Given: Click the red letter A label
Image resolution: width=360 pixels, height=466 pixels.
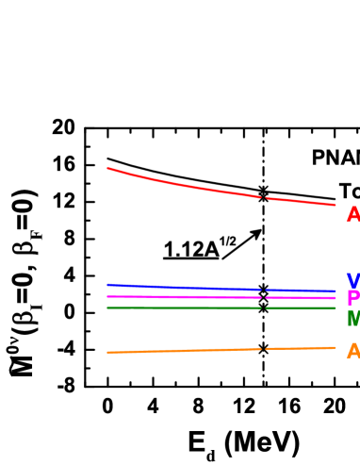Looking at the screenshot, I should (x=352, y=215).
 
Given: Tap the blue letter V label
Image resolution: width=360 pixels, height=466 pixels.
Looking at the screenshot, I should (x=352, y=281).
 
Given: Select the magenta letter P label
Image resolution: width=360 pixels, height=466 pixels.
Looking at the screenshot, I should (x=352, y=299).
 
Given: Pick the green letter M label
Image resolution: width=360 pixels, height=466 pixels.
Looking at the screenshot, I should (x=352, y=319).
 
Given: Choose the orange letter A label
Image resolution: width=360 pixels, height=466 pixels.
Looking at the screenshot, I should (x=352, y=352).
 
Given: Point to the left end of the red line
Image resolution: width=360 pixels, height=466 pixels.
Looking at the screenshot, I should (x=107, y=168).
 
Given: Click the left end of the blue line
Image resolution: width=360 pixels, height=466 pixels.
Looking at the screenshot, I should (x=107, y=284).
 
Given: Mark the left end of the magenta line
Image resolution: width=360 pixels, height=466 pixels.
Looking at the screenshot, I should (x=107, y=296).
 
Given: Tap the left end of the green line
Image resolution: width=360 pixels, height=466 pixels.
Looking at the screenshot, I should (x=107, y=308).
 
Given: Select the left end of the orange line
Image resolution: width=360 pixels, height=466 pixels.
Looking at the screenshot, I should (x=107, y=352).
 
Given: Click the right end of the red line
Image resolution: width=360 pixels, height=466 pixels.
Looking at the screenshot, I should (x=335, y=205).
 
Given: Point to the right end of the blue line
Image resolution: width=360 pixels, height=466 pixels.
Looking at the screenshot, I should (x=335, y=291).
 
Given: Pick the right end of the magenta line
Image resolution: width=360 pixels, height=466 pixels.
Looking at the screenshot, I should (x=335, y=298).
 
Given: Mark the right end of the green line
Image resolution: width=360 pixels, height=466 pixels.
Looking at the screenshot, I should (x=335, y=308).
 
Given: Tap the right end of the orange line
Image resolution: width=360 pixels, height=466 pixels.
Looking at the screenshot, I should (x=335, y=347).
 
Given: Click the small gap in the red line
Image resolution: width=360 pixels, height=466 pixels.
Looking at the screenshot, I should (x=264, y=197).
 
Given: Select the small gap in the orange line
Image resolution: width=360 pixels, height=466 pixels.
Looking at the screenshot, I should (x=264, y=348).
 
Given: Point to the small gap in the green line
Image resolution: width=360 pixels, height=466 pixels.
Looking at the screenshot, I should (x=264, y=308).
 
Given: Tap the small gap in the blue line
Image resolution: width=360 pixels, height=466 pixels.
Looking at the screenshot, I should (x=264, y=290).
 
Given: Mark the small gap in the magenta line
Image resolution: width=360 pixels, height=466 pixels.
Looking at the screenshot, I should (x=264, y=297).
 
